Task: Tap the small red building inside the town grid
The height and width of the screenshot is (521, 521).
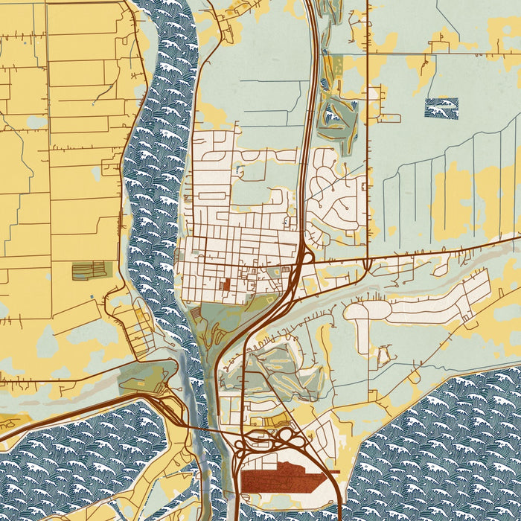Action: click(226, 284)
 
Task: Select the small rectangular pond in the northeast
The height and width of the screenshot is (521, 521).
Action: click(441, 108)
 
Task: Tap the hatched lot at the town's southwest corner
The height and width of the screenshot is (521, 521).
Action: click(196, 315)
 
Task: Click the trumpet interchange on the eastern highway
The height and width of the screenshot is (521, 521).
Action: click(366, 265)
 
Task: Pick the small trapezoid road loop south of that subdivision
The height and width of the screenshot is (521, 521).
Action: click(383, 357)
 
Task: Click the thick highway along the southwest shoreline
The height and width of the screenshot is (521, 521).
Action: click(74, 417)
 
